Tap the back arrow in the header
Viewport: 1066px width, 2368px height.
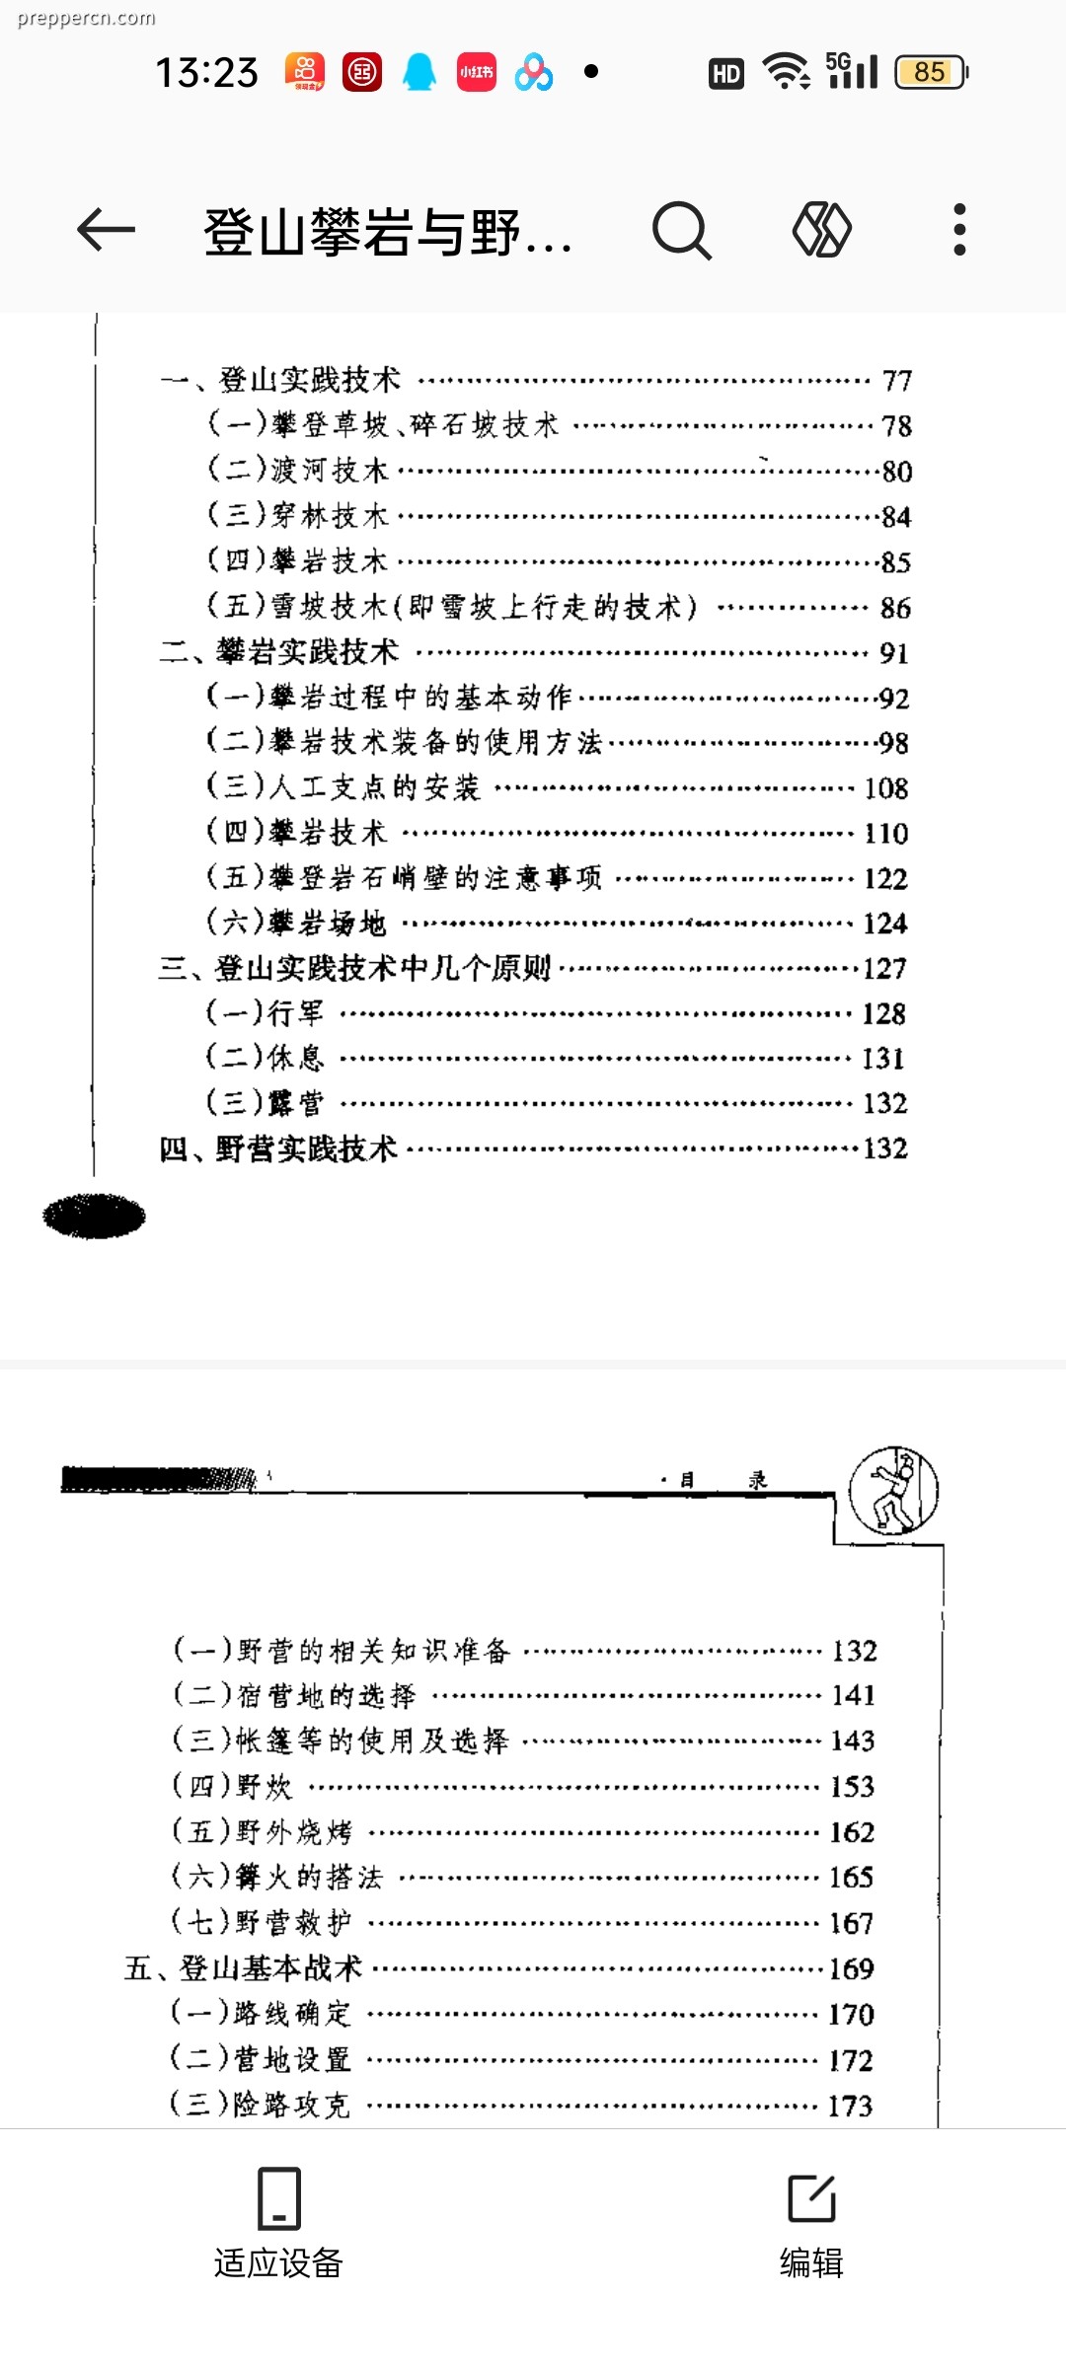[106, 231]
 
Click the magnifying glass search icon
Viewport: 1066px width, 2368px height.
[681, 231]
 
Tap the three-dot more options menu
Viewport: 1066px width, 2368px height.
[959, 230]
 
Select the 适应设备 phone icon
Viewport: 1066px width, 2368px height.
[278, 2198]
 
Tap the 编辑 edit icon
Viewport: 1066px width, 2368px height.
[812, 2197]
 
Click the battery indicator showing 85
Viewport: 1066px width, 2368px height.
[931, 72]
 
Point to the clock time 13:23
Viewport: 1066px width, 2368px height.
[206, 72]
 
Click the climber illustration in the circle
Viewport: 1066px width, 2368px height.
[894, 1490]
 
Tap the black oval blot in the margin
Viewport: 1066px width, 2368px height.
[94, 1216]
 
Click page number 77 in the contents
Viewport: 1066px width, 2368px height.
[897, 381]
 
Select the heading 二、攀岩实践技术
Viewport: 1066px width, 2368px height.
[279, 651]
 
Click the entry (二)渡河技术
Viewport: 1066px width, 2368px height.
[297, 470]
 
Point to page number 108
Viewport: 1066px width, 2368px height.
[886, 787]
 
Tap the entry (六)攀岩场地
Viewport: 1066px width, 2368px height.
[295, 923]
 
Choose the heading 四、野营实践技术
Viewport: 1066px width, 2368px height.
[278, 1148]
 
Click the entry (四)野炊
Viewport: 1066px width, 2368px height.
[232, 1786]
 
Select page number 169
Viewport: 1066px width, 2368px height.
[852, 1968]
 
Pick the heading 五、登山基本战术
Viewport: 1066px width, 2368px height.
[244, 1968]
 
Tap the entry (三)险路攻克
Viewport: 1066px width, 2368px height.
[260, 2105]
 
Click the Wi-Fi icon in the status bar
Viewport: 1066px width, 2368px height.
[786, 72]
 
